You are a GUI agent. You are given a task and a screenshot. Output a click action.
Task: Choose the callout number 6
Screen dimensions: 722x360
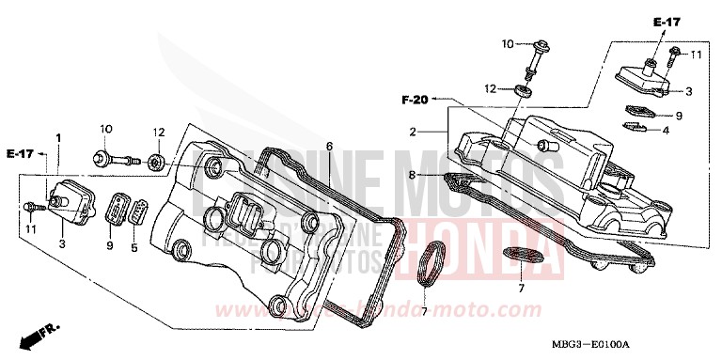pyautogui.click(x=329, y=146)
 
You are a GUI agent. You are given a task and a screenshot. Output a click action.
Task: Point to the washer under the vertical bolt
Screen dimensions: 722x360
pyautogui.click(x=523, y=91)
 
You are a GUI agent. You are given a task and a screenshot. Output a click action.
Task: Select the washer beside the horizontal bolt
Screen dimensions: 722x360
pyautogui.click(x=158, y=162)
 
